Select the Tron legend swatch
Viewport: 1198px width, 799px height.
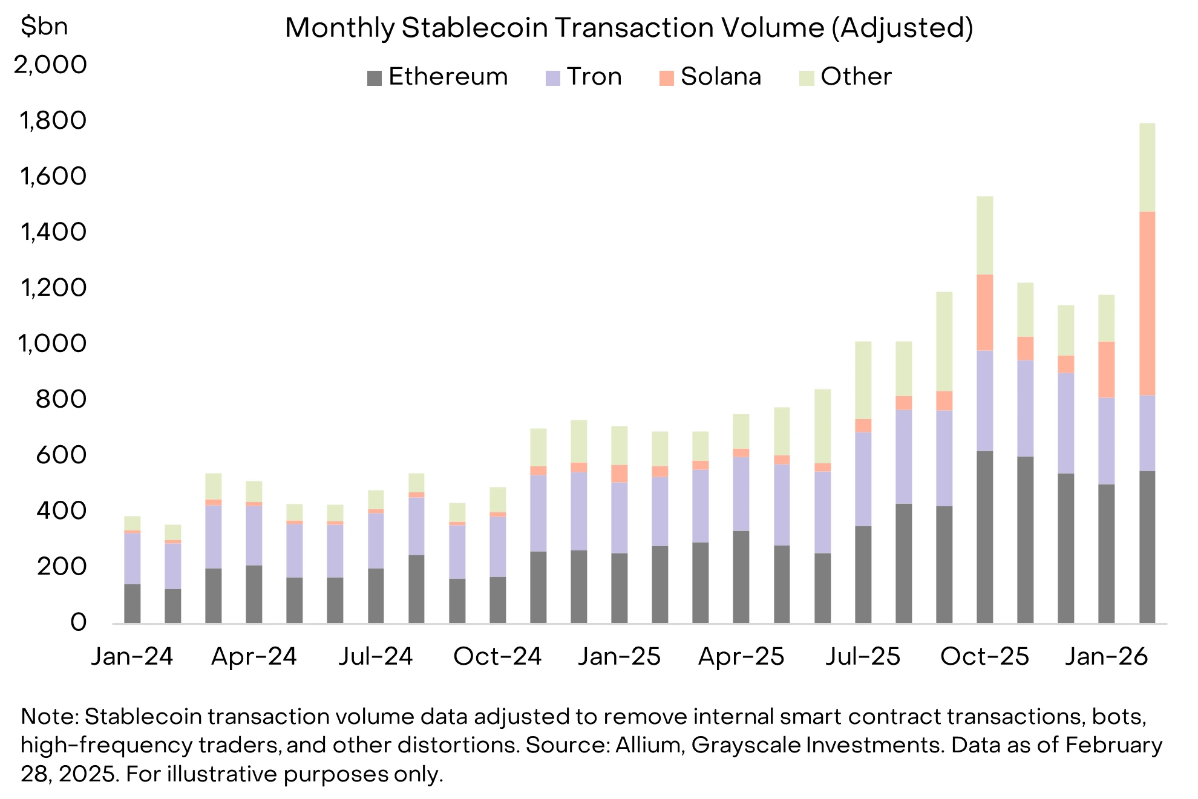(x=552, y=78)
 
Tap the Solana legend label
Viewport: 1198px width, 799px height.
(x=720, y=77)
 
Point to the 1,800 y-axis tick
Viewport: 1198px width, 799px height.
(x=53, y=120)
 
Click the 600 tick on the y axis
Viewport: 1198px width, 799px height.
(x=61, y=455)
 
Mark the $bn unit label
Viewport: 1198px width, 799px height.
(x=44, y=27)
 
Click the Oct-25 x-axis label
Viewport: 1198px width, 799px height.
(x=984, y=656)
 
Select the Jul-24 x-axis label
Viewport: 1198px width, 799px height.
(x=375, y=656)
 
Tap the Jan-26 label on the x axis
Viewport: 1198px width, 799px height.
(x=1106, y=656)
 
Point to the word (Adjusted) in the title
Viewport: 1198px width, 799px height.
(x=902, y=28)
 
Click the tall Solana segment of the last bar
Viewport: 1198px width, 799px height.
(x=1147, y=302)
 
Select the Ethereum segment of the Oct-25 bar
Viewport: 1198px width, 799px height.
(x=984, y=537)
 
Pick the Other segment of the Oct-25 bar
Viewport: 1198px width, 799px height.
(x=984, y=235)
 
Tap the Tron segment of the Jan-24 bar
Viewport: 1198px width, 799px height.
(x=132, y=558)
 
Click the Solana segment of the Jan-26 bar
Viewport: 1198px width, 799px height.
(x=1106, y=370)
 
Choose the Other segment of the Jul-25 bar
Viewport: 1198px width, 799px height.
(x=863, y=380)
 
